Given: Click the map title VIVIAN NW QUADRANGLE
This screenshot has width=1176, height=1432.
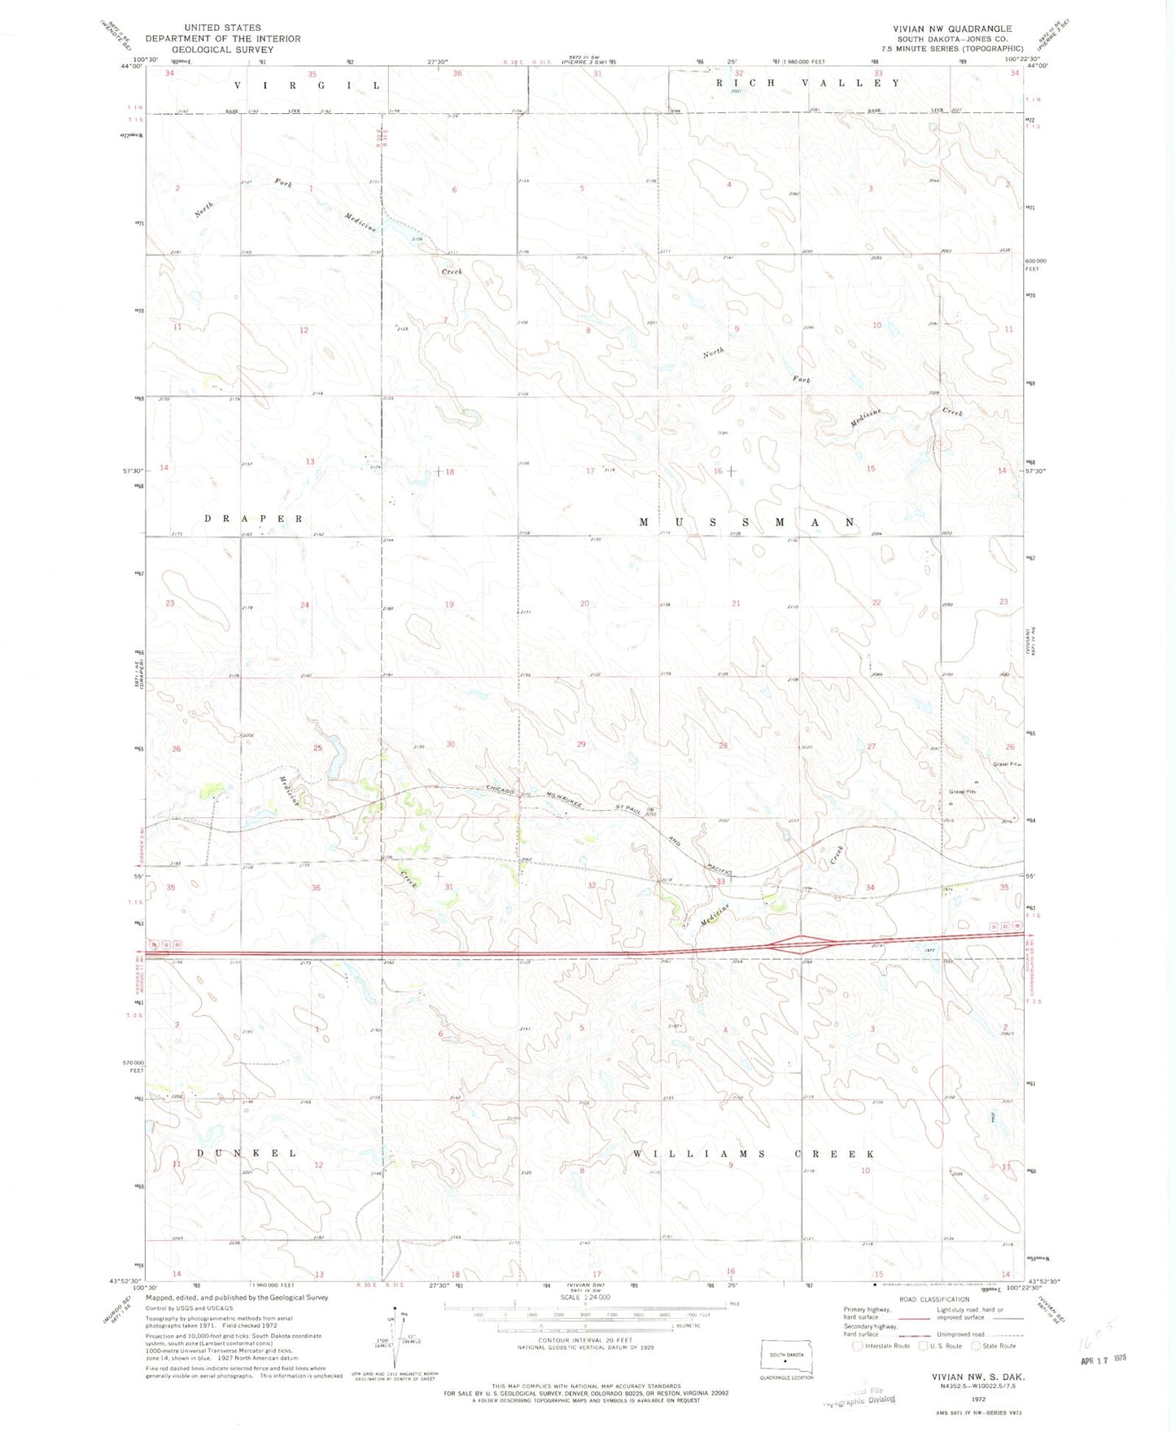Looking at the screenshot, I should [x=951, y=28].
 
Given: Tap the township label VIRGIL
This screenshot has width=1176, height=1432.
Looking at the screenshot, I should [x=308, y=85].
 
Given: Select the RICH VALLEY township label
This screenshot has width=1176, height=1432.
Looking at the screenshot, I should [x=807, y=83].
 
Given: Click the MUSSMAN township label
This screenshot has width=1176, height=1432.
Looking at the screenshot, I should [x=746, y=522].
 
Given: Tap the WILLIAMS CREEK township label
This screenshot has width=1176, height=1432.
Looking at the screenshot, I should [x=754, y=1154].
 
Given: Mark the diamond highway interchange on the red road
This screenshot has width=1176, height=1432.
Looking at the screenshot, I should [x=802, y=944].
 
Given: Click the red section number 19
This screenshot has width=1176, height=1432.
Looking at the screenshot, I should [x=449, y=604].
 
